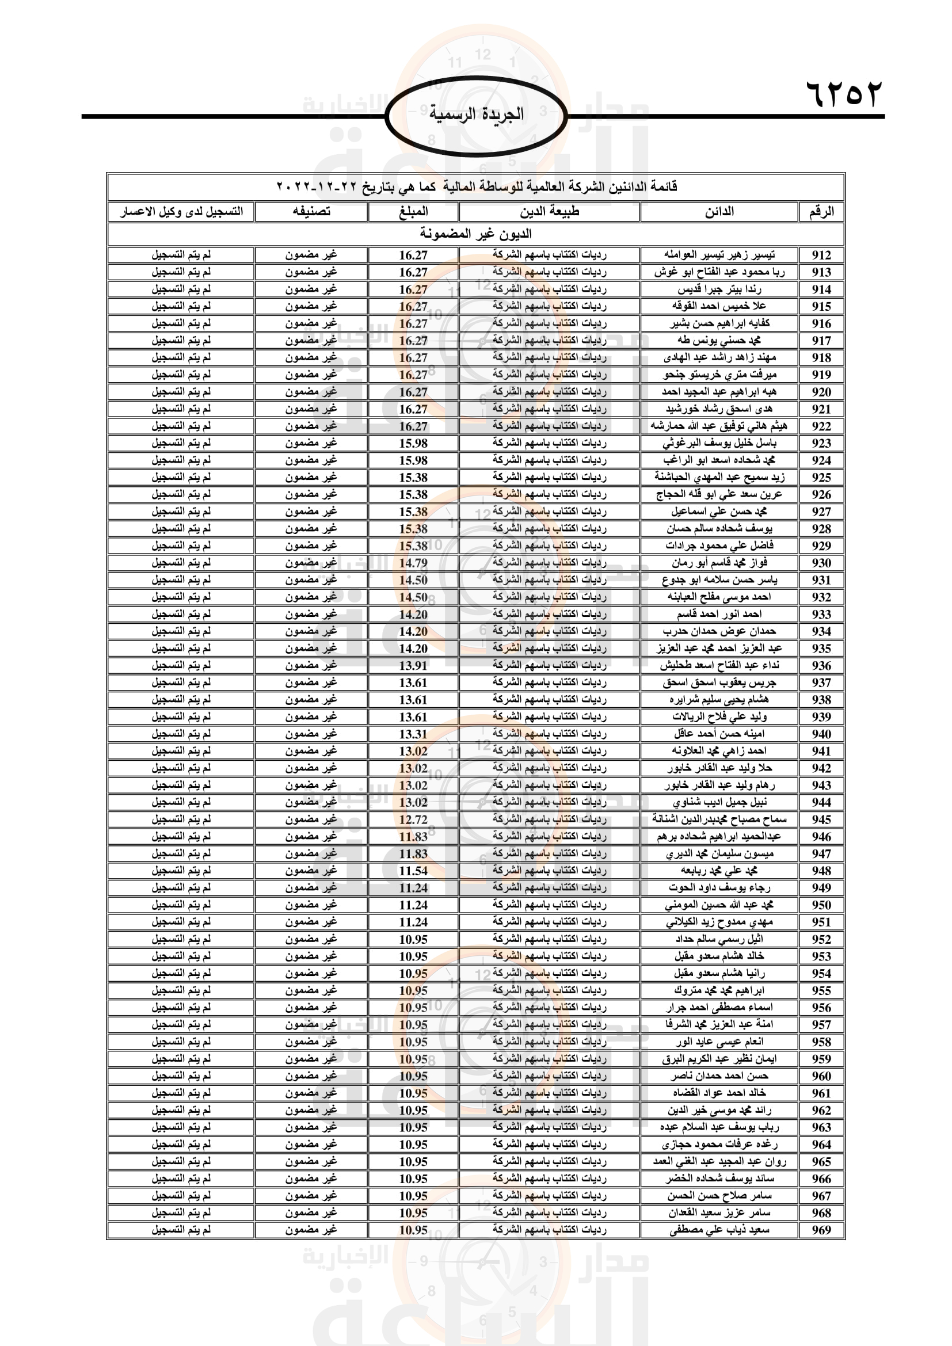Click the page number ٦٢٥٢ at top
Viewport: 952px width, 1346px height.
[844, 94]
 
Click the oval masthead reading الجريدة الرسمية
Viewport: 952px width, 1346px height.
[476, 115]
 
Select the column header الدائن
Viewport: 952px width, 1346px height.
[719, 212]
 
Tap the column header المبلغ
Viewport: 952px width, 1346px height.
[413, 212]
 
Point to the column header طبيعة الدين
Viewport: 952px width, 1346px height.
[549, 212]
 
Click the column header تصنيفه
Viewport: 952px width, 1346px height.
[311, 212]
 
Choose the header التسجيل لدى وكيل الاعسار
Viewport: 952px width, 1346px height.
[181, 212]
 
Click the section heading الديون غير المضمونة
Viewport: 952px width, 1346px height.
[475, 234]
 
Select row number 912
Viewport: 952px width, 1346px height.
[821, 255]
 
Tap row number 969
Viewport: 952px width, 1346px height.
[821, 1230]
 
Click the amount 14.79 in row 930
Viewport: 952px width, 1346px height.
[413, 563]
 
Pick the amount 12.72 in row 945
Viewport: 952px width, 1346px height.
[413, 819]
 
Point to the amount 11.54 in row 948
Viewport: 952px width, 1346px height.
[413, 871]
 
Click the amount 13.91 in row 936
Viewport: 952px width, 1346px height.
[413, 665]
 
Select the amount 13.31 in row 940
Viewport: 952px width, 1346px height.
[413, 734]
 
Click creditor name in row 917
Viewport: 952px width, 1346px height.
[719, 341]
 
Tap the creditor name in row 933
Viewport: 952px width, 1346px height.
[719, 615]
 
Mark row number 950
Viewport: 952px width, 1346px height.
[821, 905]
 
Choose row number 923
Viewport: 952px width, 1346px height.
[821, 443]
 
